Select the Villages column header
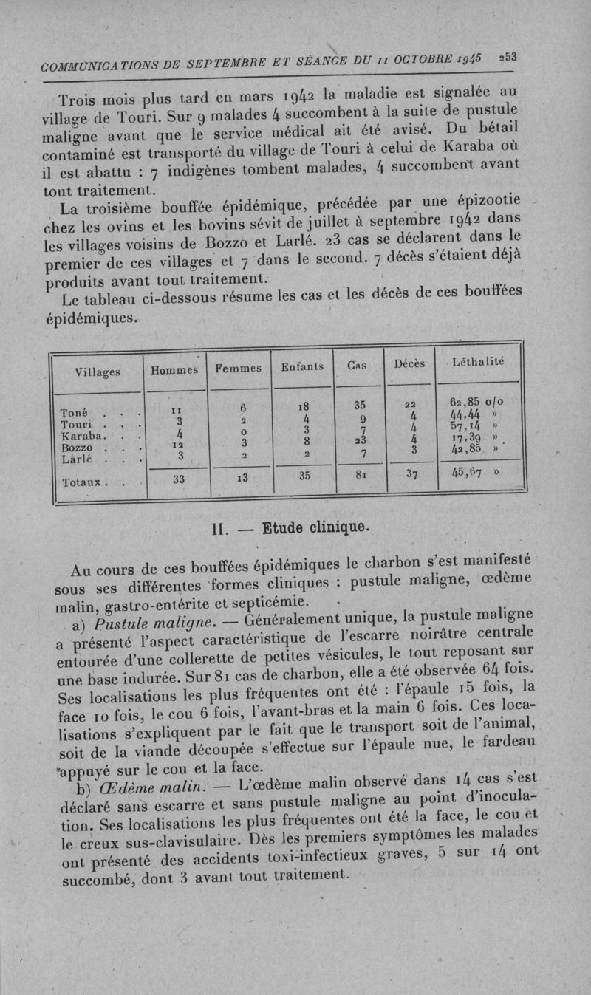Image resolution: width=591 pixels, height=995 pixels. (98, 372)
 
